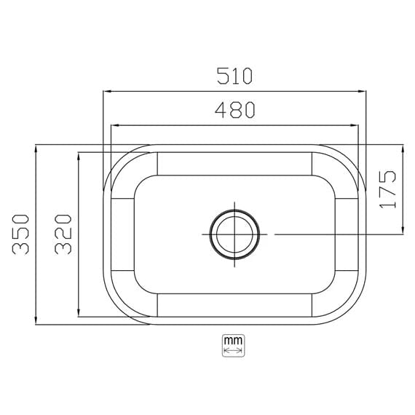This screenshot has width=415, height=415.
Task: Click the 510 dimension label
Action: (x=234, y=75)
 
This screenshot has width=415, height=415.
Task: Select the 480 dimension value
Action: (x=234, y=109)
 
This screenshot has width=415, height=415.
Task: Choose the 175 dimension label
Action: (x=388, y=189)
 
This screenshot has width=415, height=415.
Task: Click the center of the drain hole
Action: (x=234, y=234)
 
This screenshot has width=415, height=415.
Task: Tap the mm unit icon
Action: (x=233, y=346)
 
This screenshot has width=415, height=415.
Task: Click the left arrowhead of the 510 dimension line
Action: (x=106, y=92)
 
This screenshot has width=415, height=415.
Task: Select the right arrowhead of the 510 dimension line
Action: (x=363, y=92)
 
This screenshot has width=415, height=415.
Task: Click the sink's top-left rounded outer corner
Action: (x=116, y=160)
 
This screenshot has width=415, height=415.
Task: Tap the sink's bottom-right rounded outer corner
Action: (x=352, y=309)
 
